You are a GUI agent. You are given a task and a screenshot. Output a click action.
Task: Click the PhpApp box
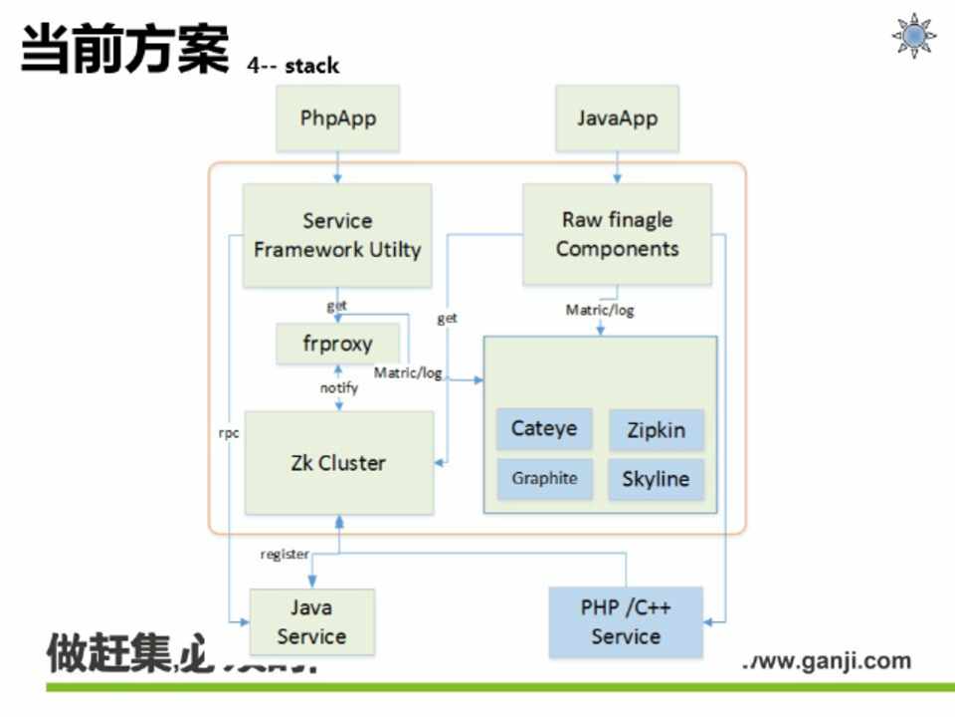[338, 119]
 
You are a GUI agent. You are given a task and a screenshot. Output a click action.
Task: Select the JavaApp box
[617, 119]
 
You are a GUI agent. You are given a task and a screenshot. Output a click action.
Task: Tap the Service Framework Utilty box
[337, 235]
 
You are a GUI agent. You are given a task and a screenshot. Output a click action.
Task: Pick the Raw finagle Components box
[617, 235]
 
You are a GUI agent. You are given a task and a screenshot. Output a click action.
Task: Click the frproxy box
[338, 344]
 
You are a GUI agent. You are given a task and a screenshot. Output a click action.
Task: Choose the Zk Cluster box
[338, 463]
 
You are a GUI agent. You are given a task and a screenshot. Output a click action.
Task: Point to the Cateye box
[544, 429]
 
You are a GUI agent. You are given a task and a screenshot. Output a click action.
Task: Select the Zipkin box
[656, 430]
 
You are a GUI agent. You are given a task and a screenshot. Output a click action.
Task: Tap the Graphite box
[544, 478]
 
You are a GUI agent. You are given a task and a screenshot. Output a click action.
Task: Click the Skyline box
[656, 479]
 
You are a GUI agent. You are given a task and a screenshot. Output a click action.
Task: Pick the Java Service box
[311, 622]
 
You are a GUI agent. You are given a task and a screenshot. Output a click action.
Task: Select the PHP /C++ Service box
[626, 622]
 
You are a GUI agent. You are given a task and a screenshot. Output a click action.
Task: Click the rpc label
[229, 433]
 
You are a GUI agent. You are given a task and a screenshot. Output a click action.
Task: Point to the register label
[285, 554]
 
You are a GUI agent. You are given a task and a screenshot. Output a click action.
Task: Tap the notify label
[338, 387]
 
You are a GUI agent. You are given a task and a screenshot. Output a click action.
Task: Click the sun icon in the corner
[913, 36]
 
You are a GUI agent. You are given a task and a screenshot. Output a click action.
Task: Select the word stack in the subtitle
[311, 66]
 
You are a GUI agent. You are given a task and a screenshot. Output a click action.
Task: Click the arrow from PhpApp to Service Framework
[338, 167]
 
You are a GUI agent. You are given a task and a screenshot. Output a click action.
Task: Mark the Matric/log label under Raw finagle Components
[600, 310]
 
